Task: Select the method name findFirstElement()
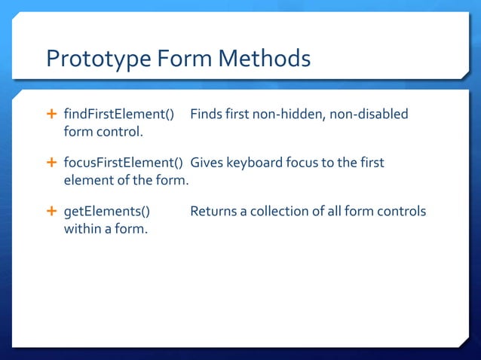click(x=119, y=114)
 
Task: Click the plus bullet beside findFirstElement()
click(x=51, y=114)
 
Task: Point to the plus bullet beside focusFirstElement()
click(x=51, y=163)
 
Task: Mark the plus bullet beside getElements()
click(x=51, y=211)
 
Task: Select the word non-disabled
click(x=369, y=114)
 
